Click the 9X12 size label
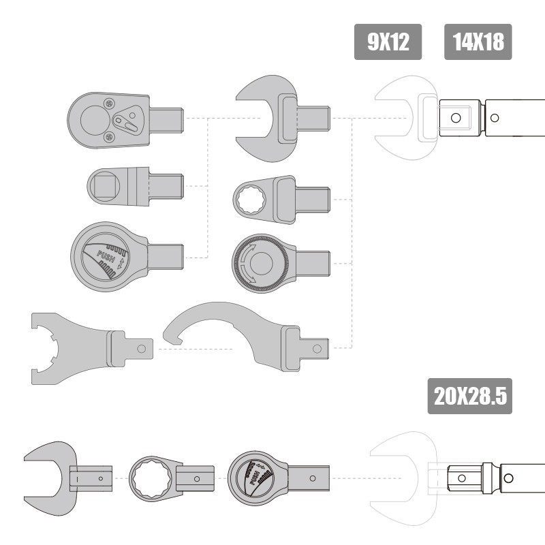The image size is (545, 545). [x=388, y=42]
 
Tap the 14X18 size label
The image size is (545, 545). [x=478, y=42]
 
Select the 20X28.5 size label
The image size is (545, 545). [x=470, y=396]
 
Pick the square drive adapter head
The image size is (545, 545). [x=136, y=186]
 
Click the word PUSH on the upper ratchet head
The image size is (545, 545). [x=106, y=257]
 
